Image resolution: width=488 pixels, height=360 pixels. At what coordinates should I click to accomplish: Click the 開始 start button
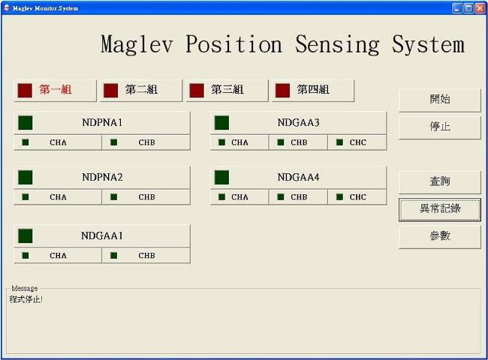pyautogui.click(x=439, y=100)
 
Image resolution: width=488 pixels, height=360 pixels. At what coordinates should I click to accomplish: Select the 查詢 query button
pyautogui.click(x=439, y=181)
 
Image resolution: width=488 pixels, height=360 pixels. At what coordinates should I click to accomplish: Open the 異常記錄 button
pyautogui.click(x=439, y=209)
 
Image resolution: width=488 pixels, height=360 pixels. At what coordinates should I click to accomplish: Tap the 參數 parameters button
pyautogui.click(x=439, y=236)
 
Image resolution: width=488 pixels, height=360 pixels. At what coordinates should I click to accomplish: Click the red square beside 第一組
pyautogui.click(x=25, y=91)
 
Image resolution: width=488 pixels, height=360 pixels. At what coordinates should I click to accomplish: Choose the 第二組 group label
pyautogui.click(x=141, y=90)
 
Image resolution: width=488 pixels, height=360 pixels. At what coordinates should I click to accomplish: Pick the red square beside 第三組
pyautogui.click(x=197, y=91)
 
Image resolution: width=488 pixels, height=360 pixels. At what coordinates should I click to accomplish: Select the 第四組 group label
pyautogui.click(x=313, y=90)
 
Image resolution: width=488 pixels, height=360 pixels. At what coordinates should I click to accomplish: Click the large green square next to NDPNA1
pyautogui.click(x=26, y=123)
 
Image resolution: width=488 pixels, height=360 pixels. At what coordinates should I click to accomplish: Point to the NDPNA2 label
pyautogui.click(x=102, y=177)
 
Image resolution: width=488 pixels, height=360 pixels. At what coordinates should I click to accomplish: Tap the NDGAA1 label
pyautogui.click(x=102, y=235)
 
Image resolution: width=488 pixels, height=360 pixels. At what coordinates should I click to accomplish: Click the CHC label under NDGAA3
pyautogui.click(x=357, y=142)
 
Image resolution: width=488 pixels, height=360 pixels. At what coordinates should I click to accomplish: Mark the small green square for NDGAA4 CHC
pyautogui.click(x=339, y=196)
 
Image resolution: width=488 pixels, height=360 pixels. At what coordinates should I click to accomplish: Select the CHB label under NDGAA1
pyautogui.click(x=146, y=256)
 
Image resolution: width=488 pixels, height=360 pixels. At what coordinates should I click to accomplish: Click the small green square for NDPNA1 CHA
pyautogui.click(x=26, y=142)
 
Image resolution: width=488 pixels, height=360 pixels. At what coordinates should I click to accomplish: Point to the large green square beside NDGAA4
pyautogui.click(x=221, y=178)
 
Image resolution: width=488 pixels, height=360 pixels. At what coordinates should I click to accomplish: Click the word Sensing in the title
pyautogui.click(x=337, y=45)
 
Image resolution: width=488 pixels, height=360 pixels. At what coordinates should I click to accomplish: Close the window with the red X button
pyautogui.click(x=480, y=8)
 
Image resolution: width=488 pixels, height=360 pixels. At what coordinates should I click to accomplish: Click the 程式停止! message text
pyautogui.click(x=26, y=299)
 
